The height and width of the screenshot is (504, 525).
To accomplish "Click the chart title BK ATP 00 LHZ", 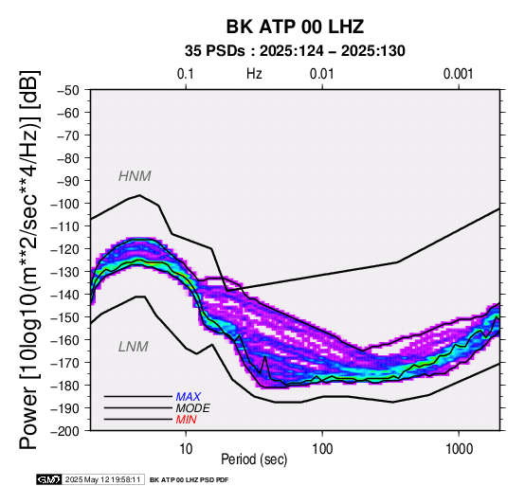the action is click(x=295, y=27).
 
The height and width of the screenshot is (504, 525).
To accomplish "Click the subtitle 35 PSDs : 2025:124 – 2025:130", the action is click(x=295, y=51).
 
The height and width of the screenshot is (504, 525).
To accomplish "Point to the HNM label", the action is click(x=135, y=176).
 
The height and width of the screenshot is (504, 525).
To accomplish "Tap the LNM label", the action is click(x=134, y=347).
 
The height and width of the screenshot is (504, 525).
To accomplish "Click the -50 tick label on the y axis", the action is click(x=68, y=90).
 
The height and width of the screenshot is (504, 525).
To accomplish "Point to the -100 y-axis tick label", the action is click(x=64, y=204).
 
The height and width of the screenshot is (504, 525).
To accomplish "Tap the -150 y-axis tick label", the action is click(x=64, y=317).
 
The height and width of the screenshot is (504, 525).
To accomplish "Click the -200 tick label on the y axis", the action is click(x=64, y=431).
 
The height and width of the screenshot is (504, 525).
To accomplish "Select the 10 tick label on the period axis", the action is click(x=186, y=449).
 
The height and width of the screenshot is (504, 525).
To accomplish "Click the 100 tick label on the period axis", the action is click(x=322, y=449).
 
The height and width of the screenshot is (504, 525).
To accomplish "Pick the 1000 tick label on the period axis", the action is click(x=459, y=449).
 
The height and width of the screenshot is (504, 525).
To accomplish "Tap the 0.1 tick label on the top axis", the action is click(x=186, y=74).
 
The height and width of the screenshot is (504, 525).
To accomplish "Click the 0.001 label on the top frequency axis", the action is click(x=458, y=74).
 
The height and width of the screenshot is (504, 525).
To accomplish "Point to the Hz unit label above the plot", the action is click(x=254, y=74).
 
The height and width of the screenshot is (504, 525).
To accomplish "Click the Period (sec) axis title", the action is click(x=254, y=459).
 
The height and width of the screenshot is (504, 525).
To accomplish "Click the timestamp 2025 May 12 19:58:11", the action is click(x=102, y=480).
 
